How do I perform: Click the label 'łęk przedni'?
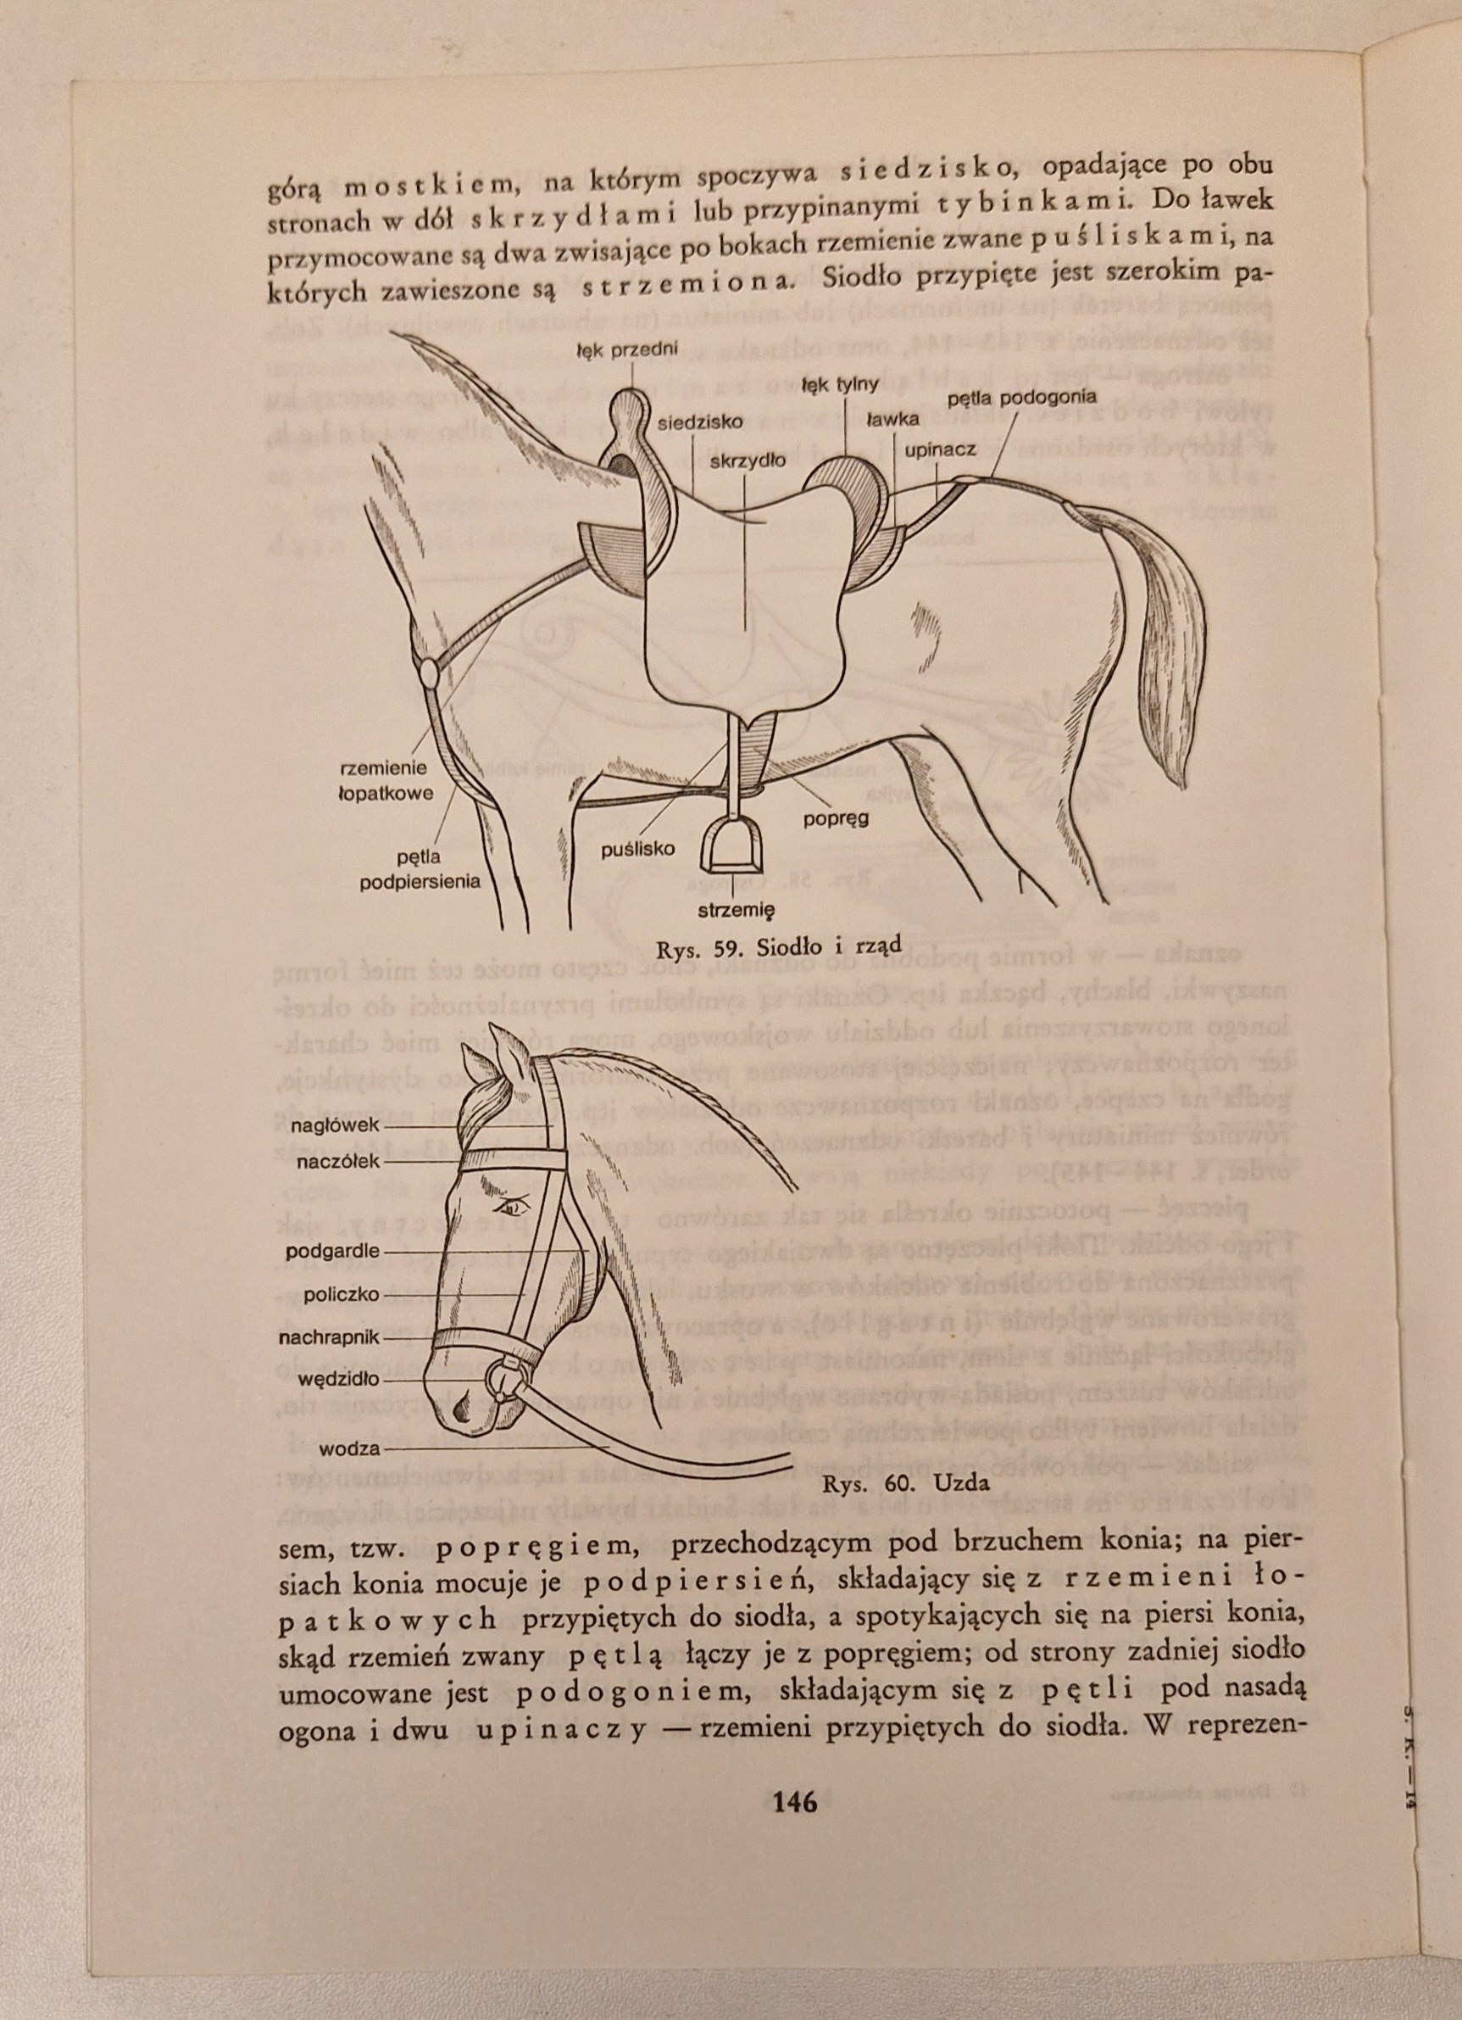[628, 349]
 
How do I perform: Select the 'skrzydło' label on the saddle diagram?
[748, 460]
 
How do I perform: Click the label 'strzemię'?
[737, 909]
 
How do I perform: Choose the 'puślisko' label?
[637, 848]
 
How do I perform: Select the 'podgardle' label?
[332, 1251]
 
